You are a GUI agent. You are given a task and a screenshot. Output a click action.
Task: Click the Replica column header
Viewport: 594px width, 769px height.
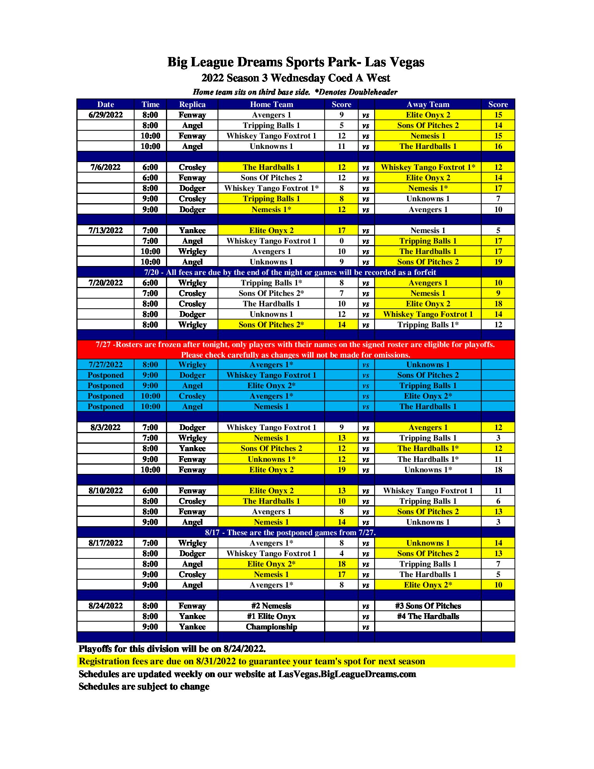pos(192,104)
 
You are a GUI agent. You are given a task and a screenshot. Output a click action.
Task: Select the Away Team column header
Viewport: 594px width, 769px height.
pos(428,104)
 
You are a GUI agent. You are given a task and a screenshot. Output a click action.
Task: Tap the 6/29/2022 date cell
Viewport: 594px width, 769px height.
pos(105,115)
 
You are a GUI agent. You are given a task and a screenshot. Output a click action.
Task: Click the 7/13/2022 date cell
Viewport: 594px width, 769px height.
pos(105,230)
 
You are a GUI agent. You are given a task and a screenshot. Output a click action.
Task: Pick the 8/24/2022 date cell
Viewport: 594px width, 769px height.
pos(105,606)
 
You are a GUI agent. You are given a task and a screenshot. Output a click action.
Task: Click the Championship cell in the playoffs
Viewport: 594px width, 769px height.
pos(271,627)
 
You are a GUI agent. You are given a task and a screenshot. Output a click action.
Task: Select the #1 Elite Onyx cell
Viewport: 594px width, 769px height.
pos(271,616)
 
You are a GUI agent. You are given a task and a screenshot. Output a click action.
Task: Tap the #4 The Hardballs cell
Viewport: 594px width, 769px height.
pos(428,616)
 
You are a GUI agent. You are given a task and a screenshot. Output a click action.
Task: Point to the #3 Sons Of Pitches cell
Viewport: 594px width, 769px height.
pos(428,606)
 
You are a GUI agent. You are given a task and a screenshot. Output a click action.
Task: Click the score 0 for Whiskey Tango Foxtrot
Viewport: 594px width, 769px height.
pos(342,241)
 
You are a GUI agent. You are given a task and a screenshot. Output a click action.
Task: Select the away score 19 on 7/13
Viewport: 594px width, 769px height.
pos(498,262)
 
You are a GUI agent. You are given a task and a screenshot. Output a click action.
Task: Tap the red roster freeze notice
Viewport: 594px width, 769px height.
pos(295,349)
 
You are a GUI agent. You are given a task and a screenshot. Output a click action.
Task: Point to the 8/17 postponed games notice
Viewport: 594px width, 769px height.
pos(290,532)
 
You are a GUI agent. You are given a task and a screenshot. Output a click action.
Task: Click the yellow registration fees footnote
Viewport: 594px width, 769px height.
pos(252,661)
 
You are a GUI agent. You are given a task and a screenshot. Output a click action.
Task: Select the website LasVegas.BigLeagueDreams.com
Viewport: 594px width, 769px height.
pos(347,674)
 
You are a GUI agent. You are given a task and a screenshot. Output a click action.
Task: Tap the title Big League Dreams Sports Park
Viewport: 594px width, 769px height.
pos(295,62)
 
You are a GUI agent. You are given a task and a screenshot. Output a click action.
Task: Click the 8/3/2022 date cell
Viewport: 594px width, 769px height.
pos(105,427)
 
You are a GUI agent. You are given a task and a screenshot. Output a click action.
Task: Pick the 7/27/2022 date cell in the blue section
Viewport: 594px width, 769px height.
pos(105,365)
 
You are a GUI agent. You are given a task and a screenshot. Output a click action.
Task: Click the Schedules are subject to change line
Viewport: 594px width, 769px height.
pos(144,686)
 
